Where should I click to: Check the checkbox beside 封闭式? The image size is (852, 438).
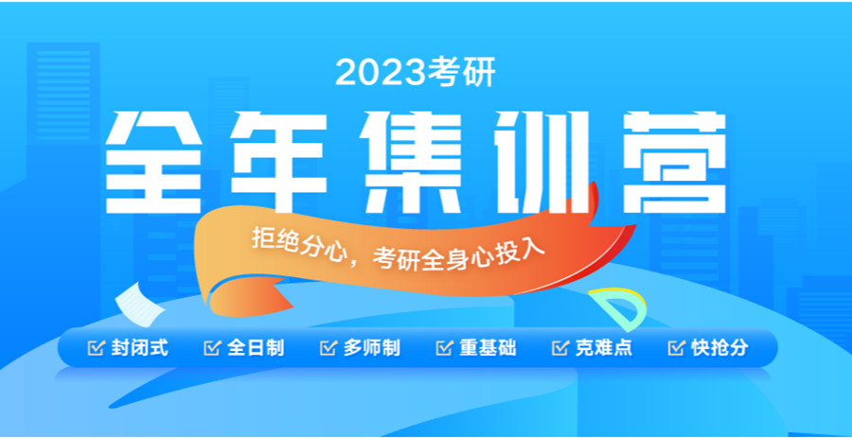(x=95, y=348)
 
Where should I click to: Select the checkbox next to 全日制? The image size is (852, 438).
(x=211, y=348)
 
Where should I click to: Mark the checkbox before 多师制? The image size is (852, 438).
(x=328, y=348)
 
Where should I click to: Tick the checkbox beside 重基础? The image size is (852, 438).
(x=444, y=348)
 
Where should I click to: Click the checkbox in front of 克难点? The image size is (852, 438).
(x=559, y=348)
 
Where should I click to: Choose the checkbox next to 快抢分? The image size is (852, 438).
(x=676, y=348)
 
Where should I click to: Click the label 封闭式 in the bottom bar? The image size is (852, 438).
(x=138, y=348)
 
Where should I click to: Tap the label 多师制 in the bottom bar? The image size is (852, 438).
(x=371, y=348)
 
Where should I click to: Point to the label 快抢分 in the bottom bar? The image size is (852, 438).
(x=719, y=348)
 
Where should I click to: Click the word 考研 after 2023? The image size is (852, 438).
(x=463, y=73)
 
